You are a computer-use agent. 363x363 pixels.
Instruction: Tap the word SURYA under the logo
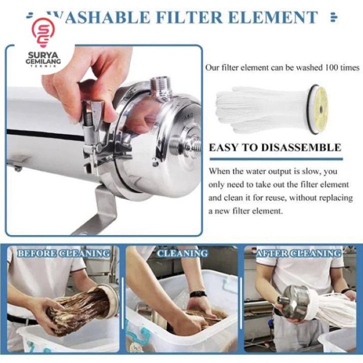[43, 55]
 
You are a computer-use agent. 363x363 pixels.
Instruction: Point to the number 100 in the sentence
[331, 67]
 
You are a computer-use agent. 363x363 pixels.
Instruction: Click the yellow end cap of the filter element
[319, 109]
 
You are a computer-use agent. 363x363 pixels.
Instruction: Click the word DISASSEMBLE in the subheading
[301, 147]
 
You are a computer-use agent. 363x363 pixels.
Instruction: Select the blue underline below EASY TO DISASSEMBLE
[276, 159]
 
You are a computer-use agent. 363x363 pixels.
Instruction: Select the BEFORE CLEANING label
[64, 253]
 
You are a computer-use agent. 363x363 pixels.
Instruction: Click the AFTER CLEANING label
[298, 253]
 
